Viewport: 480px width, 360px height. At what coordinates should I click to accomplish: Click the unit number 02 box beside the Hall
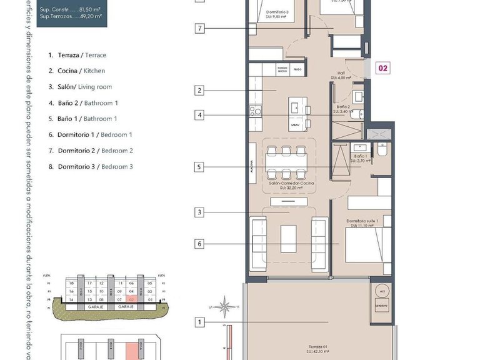click(x=383, y=69)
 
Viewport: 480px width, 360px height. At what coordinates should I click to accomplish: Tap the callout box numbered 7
click(x=199, y=28)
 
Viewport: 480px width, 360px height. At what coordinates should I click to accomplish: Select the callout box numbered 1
click(x=199, y=322)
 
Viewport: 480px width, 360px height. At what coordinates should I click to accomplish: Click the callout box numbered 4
click(x=199, y=115)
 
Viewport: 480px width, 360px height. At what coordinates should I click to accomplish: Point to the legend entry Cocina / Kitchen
click(x=77, y=71)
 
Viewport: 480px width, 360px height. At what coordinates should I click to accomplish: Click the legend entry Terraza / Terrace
click(x=77, y=55)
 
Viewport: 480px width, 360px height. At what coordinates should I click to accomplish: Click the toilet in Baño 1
click(x=381, y=151)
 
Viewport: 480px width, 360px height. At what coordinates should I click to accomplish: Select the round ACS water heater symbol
click(x=382, y=292)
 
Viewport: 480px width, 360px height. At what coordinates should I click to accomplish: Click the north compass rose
click(x=229, y=307)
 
